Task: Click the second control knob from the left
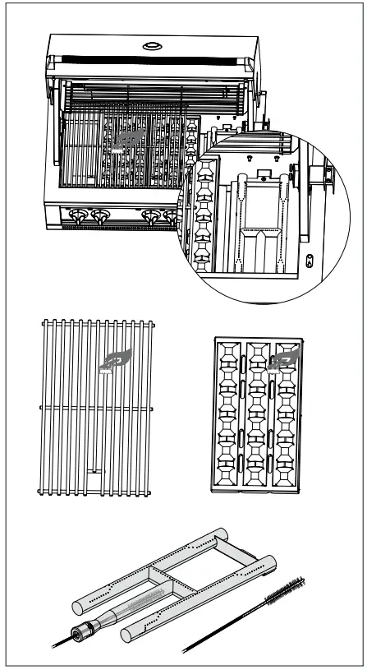101,217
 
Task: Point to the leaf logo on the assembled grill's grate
128,140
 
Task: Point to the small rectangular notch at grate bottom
95,473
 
